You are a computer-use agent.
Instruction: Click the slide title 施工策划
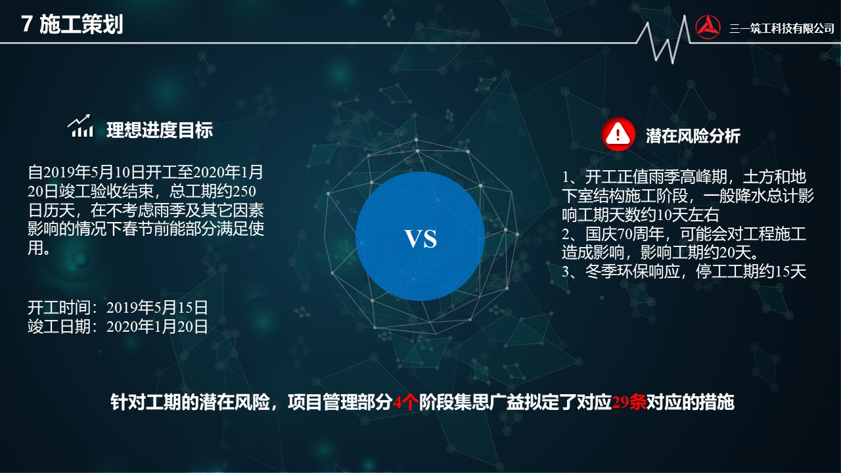(x=81, y=25)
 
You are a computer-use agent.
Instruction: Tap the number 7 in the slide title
(x=26, y=25)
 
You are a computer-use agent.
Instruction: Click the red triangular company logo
(x=708, y=27)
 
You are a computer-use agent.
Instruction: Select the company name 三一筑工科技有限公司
(x=782, y=28)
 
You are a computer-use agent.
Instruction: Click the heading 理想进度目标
(x=160, y=130)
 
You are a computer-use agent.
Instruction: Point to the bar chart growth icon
(x=80, y=125)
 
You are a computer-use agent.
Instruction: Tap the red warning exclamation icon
(x=618, y=134)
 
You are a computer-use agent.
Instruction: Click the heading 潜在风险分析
(x=693, y=136)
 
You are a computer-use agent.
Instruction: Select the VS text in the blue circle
(x=420, y=238)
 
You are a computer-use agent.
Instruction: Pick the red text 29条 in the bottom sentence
(x=629, y=403)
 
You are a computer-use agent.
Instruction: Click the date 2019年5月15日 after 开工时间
(x=157, y=308)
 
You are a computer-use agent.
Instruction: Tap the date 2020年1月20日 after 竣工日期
(x=157, y=327)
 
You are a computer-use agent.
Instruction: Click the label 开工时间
(x=59, y=308)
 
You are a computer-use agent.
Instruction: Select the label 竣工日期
(x=59, y=327)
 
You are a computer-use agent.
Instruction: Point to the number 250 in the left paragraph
(x=244, y=191)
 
